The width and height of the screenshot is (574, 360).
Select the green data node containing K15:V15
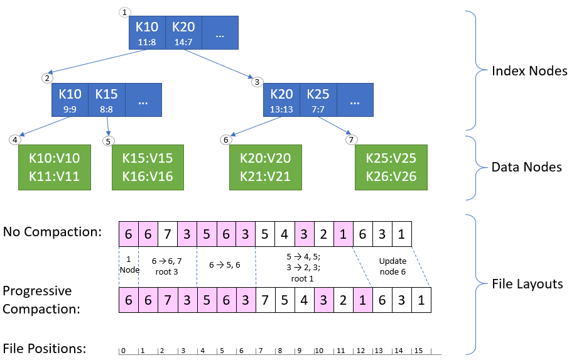click(x=148, y=168)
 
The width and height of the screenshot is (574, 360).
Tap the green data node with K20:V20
click(x=265, y=168)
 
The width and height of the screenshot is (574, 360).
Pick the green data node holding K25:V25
click(x=391, y=168)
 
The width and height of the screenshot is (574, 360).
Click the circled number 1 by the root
click(x=126, y=12)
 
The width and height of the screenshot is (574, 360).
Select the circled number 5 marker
click(x=109, y=141)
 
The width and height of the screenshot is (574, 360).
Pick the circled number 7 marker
click(x=352, y=139)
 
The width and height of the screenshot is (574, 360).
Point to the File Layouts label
click(x=528, y=284)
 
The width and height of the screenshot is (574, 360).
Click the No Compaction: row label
click(x=53, y=232)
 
